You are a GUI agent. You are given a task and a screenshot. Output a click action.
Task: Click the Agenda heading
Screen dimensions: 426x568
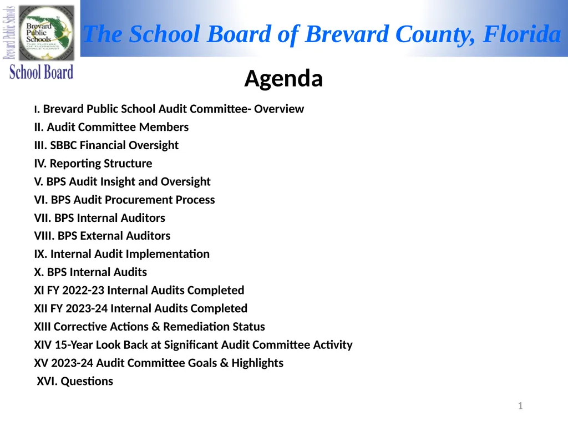pyautogui.click(x=283, y=79)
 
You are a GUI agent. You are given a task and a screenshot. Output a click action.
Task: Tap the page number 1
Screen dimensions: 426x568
pyautogui.click(x=520, y=407)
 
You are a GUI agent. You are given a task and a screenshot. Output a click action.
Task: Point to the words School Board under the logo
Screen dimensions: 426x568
pyautogui.click(x=42, y=72)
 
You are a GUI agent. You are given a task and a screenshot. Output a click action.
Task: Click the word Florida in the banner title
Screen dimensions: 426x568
pyautogui.click(x=521, y=34)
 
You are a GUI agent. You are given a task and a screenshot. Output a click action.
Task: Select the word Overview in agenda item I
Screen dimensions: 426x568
pyautogui.click(x=279, y=109)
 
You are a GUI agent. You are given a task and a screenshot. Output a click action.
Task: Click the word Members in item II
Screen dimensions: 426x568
pyautogui.click(x=164, y=127)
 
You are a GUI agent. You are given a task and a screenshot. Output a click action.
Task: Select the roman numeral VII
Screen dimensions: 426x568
pyautogui.click(x=43, y=218)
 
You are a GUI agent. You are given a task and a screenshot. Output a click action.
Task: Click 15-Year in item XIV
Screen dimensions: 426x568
pyautogui.click(x=74, y=345)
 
